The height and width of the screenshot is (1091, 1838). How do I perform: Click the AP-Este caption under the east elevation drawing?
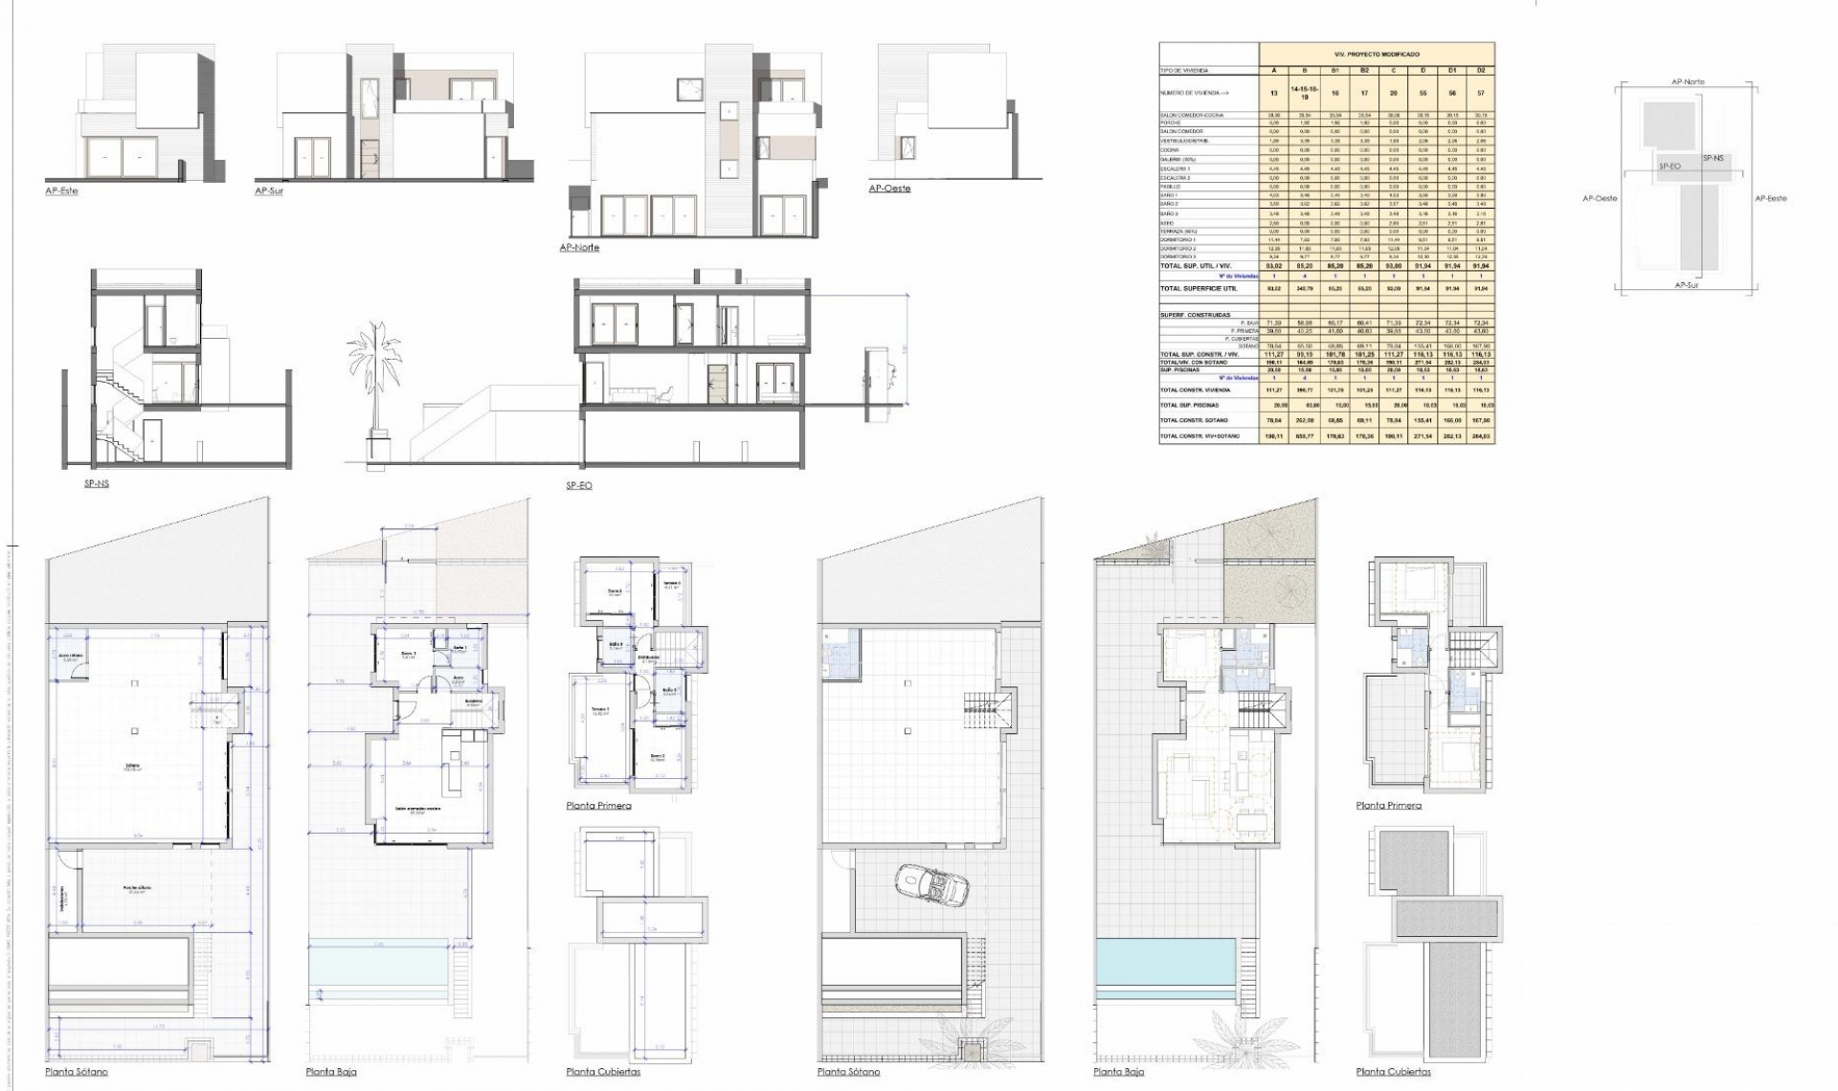(x=61, y=191)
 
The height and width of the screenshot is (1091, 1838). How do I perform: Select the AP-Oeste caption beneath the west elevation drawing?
(x=889, y=189)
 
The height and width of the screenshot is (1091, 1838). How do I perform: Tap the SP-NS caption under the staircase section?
(x=97, y=484)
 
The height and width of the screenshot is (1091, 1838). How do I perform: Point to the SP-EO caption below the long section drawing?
(x=578, y=486)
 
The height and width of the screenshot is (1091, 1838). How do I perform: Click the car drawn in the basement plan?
(x=932, y=884)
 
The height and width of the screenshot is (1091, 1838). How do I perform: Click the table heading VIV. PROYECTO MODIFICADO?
(x=1377, y=55)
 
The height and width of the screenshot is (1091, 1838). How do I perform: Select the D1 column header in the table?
(x=1452, y=70)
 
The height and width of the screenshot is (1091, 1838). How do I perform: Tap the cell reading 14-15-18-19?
(x=1304, y=93)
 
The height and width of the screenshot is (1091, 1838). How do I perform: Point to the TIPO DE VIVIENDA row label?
(x=1184, y=71)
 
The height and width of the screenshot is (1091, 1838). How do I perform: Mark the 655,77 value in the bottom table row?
(x=1304, y=436)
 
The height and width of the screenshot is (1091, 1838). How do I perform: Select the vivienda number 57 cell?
(x=1481, y=93)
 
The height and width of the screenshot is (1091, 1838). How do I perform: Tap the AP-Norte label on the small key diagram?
(x=1688, y=82)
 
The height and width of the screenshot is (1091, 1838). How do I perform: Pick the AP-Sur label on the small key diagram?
(x=1687, y=285)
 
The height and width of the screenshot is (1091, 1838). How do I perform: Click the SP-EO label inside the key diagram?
(x=1670, y=167)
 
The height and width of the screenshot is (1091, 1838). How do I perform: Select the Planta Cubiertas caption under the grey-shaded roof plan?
(x=1393, y=1072)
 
